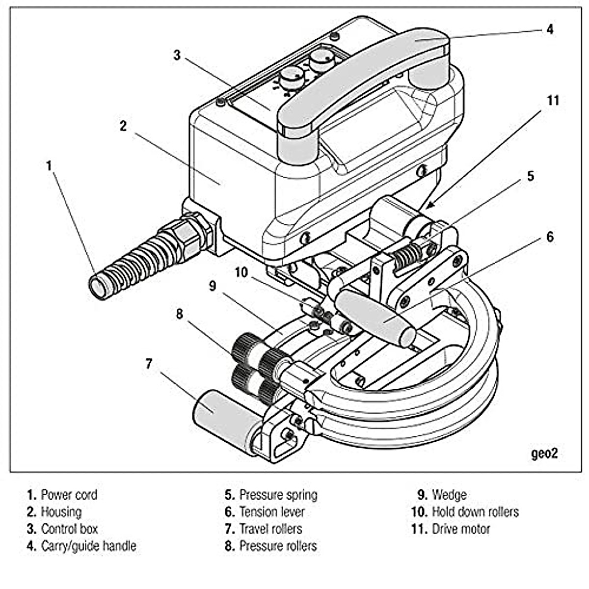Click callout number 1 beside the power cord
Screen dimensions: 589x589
[49, 165]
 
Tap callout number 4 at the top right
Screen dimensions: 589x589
[550, 29]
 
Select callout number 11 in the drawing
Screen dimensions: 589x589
[553, 101]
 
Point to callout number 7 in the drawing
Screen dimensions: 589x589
[149, 364]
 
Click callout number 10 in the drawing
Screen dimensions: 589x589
[241, 272]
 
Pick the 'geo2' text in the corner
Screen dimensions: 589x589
[544, 453]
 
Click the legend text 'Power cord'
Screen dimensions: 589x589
[69, 495]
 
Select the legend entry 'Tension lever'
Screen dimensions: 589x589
[271, 512]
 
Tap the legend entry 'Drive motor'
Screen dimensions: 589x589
[460, 529]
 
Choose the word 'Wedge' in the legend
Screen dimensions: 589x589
[449, 495]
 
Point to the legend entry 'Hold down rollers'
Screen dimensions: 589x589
[475, 512]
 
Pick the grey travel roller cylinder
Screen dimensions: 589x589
[223, 415]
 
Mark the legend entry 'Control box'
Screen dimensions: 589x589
[69, 529]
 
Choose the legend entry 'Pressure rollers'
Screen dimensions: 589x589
[278, 546]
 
